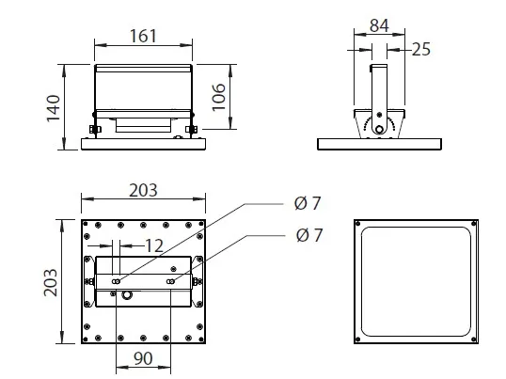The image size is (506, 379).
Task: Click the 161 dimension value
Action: (143, 36)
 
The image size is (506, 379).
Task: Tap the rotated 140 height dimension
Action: (54, 108)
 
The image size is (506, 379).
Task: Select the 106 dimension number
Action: (218, 97)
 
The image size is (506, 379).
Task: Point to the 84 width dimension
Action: (379, 25)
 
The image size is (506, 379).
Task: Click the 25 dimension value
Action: (421, 49)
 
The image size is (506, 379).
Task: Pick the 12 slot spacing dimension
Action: (154, 246)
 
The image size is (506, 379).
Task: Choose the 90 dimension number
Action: (143, 358)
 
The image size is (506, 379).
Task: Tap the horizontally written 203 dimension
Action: (143, 190)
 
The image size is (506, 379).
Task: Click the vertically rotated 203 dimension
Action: (51, 282)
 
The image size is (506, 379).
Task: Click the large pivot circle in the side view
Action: (380, 130)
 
